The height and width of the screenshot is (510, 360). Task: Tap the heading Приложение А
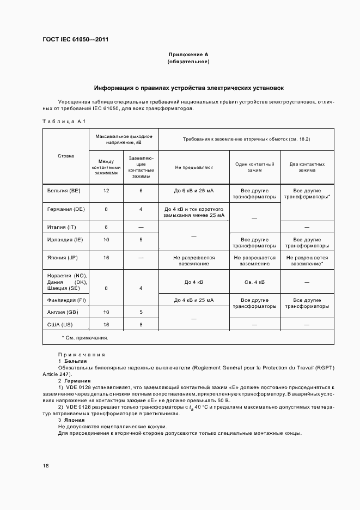click(x=188, y=55)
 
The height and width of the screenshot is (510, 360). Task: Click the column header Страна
click(x=66, y=156)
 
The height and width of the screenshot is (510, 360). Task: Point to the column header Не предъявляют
click(x=194, y=168)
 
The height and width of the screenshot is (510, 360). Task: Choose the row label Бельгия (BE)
click(x=65, y=191)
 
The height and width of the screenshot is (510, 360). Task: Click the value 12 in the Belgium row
click(x=106, y=191)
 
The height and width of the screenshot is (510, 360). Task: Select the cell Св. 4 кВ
click(x=254, y=282)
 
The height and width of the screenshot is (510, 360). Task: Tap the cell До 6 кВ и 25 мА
click(x=194, y=191)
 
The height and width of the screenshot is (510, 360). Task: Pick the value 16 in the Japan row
click(x=106, y=258)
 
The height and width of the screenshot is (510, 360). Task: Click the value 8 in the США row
click(x=141, y=325)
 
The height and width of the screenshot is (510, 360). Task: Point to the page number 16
click(x=46, y=466)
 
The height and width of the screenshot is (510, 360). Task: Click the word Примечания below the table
click(x=81, y=354)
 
